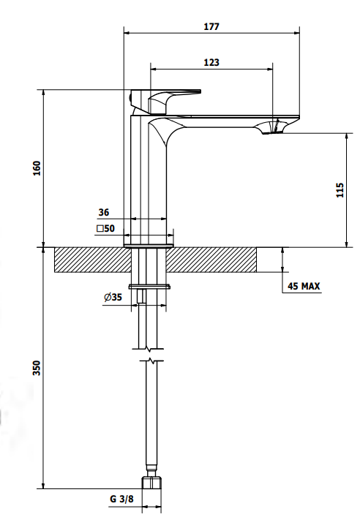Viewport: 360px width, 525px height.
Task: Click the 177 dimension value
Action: (x=211, y=26)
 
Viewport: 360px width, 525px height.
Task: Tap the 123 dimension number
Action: (x=211, y=62)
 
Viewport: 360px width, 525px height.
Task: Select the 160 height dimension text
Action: (x=37, y=168)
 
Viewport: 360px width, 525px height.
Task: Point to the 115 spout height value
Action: (x=340, y=190)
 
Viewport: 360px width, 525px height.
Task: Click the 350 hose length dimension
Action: (x=37, y=368)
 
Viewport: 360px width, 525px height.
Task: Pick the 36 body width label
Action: (x=104, y=212)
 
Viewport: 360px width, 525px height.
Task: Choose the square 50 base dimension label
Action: (x=105, y=228)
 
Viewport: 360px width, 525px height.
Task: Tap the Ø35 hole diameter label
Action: (x=113, y=297)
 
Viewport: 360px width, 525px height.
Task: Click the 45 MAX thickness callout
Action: (x=304, y=286)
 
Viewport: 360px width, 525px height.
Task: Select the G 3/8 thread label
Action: (x=121, y=499)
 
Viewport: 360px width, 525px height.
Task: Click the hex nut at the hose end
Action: (x=151, y=483)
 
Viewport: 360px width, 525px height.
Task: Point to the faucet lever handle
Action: (x=166, y=100)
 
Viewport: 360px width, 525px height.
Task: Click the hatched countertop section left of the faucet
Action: (x=92, y=260)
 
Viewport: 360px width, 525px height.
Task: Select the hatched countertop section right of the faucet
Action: (x=211, y=260)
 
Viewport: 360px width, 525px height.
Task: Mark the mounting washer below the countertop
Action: (x=149, y=287)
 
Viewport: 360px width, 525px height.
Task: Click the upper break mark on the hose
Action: (x=148, y=349)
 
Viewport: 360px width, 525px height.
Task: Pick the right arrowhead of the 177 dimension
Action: (x=296, y=33)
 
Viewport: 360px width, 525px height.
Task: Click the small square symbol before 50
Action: (x=100, y=229)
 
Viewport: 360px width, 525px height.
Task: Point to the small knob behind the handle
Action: (x=130, y=97)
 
